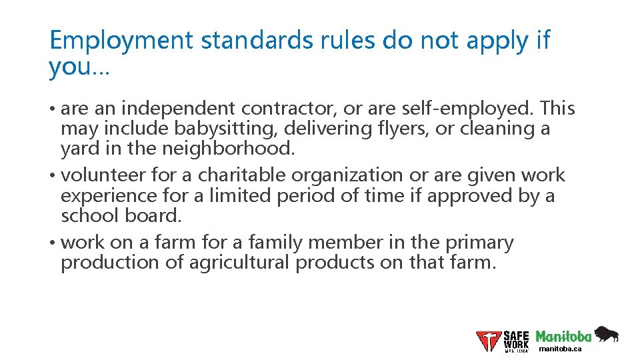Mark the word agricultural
[239, 262]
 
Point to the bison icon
[606, 335]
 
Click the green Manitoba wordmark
[563, 336]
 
